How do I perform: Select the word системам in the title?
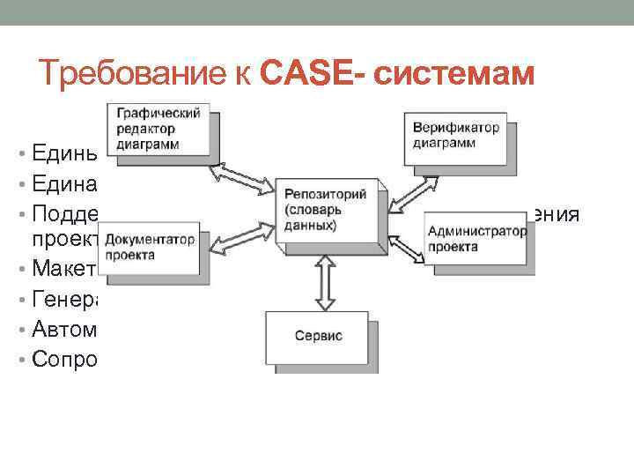(454, 74)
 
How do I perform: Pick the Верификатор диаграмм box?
(455, 135)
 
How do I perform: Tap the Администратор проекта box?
(476, 238)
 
